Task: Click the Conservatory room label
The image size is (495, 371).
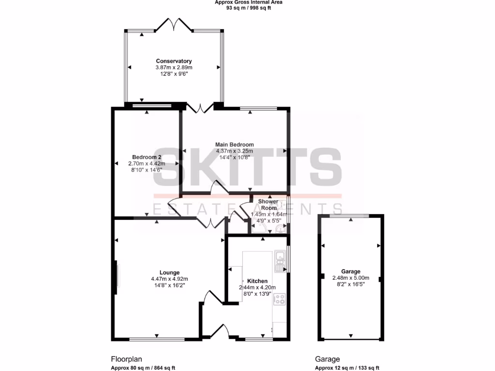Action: click(x=174, y=61)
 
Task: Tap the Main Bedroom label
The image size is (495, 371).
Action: click(x=234, y=144)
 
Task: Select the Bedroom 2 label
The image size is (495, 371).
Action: click(x=146, y=157)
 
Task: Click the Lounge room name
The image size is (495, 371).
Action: click(x=169, y=272)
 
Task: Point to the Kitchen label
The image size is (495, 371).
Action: click(x=257, y=281)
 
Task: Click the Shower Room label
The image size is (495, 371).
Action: click(x=268, y=204)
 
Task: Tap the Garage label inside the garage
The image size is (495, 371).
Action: click(x=350, y=271)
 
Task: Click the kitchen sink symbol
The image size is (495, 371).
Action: click(x=279, y=261)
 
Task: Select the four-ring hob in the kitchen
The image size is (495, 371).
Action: click(x=279, y=299)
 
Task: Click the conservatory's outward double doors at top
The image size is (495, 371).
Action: click(x=174, y=24)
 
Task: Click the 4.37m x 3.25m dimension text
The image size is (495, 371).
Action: click(x=234, y=151)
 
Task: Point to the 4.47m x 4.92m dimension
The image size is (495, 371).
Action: click(x=169, y=279)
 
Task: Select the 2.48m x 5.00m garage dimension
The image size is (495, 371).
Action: click(x=350, y=278)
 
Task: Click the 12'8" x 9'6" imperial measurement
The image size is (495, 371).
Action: click(x=174, y=74)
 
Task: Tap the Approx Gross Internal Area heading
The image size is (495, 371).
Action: click(x=248, y=2)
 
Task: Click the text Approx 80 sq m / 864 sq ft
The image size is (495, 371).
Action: click(x=143, y=368)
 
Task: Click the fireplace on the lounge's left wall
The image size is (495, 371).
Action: click(x=116, y=278)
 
